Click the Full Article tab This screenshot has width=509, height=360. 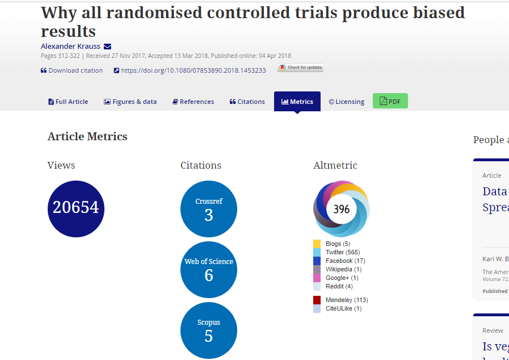68,102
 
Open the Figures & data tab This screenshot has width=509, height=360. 130,102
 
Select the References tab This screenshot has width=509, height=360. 193,102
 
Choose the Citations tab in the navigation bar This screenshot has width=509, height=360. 247,102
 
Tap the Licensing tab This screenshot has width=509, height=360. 346,102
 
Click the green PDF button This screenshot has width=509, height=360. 390,101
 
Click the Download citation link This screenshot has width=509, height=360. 72,70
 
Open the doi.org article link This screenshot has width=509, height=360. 193,70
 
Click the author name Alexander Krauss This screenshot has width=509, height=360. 70,46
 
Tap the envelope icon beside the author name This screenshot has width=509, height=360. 107,46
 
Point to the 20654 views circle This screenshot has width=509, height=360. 76,208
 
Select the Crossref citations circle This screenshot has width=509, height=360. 209,208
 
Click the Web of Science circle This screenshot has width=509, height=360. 209,270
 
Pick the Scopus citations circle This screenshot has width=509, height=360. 209,330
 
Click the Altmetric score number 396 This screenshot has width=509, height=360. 342,209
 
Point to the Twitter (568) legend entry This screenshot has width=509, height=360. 343,252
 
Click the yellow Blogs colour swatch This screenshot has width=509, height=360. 317,244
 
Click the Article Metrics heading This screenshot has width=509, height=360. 87,136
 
